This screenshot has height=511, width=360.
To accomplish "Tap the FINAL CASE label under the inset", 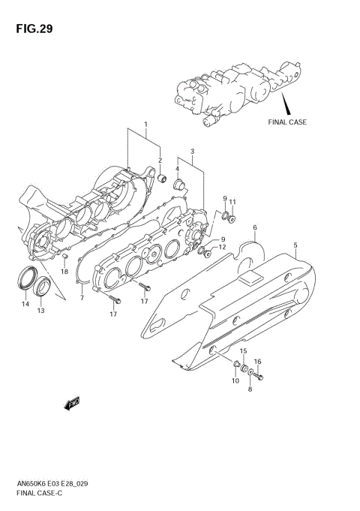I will point(288,121).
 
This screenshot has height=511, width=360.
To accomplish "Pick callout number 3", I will point(192,152).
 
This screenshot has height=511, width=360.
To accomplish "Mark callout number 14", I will point(25,304).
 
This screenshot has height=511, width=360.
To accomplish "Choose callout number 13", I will point(41,311).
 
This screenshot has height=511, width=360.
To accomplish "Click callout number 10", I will point(235,381).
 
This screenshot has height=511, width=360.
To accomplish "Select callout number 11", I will point(232,202).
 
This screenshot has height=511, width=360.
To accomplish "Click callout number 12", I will point(222,248).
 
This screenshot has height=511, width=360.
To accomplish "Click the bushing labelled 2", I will point(160,179).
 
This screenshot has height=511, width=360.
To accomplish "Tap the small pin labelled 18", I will point(64,258).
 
